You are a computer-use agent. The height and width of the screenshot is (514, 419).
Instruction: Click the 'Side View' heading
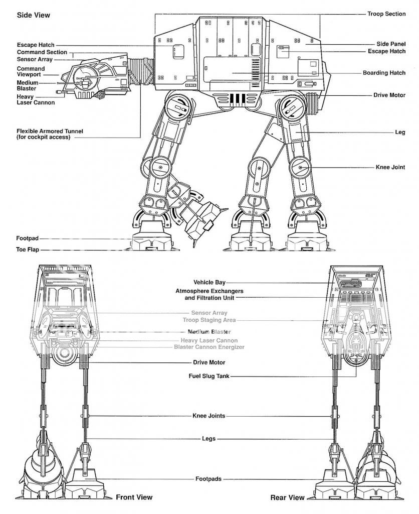click(34, 15)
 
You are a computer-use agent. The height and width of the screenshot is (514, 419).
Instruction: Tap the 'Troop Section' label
click(386, 14)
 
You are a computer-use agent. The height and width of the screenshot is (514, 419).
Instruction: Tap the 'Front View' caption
click(135, 497)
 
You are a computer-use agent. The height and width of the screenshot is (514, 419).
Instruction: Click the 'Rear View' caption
click(287, 497)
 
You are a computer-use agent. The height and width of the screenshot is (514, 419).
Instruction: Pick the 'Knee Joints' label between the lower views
click(209, 416)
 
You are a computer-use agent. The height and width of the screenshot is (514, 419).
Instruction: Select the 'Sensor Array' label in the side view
click(35, 59)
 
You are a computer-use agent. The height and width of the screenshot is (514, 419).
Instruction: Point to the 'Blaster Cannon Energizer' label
click(209, 347)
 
